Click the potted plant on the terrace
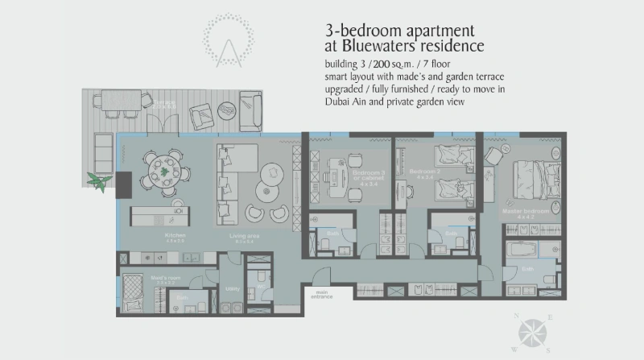pos(101,181)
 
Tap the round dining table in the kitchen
pos(165,171)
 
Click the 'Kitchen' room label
pos(175,235)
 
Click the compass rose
pos(531,332)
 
